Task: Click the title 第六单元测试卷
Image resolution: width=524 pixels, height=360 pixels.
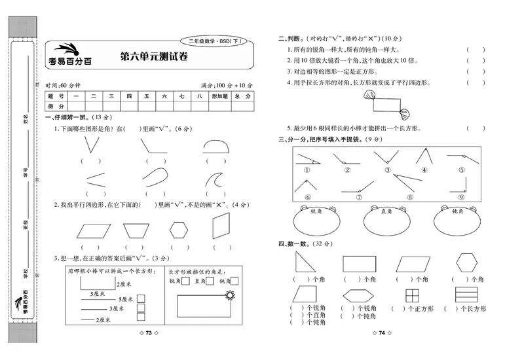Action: (153, 57)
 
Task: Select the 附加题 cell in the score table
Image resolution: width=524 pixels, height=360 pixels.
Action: (219, 96)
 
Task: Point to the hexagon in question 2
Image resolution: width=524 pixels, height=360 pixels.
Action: (178, 230)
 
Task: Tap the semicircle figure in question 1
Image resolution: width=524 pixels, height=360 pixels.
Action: (218, 145)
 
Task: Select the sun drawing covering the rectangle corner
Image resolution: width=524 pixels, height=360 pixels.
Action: (229, 297)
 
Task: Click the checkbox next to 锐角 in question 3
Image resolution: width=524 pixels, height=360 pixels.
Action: (185, 281)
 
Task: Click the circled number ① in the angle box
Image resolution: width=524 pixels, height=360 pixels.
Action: (306, 170)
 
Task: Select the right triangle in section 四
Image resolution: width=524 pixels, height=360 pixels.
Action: (305, 263)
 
